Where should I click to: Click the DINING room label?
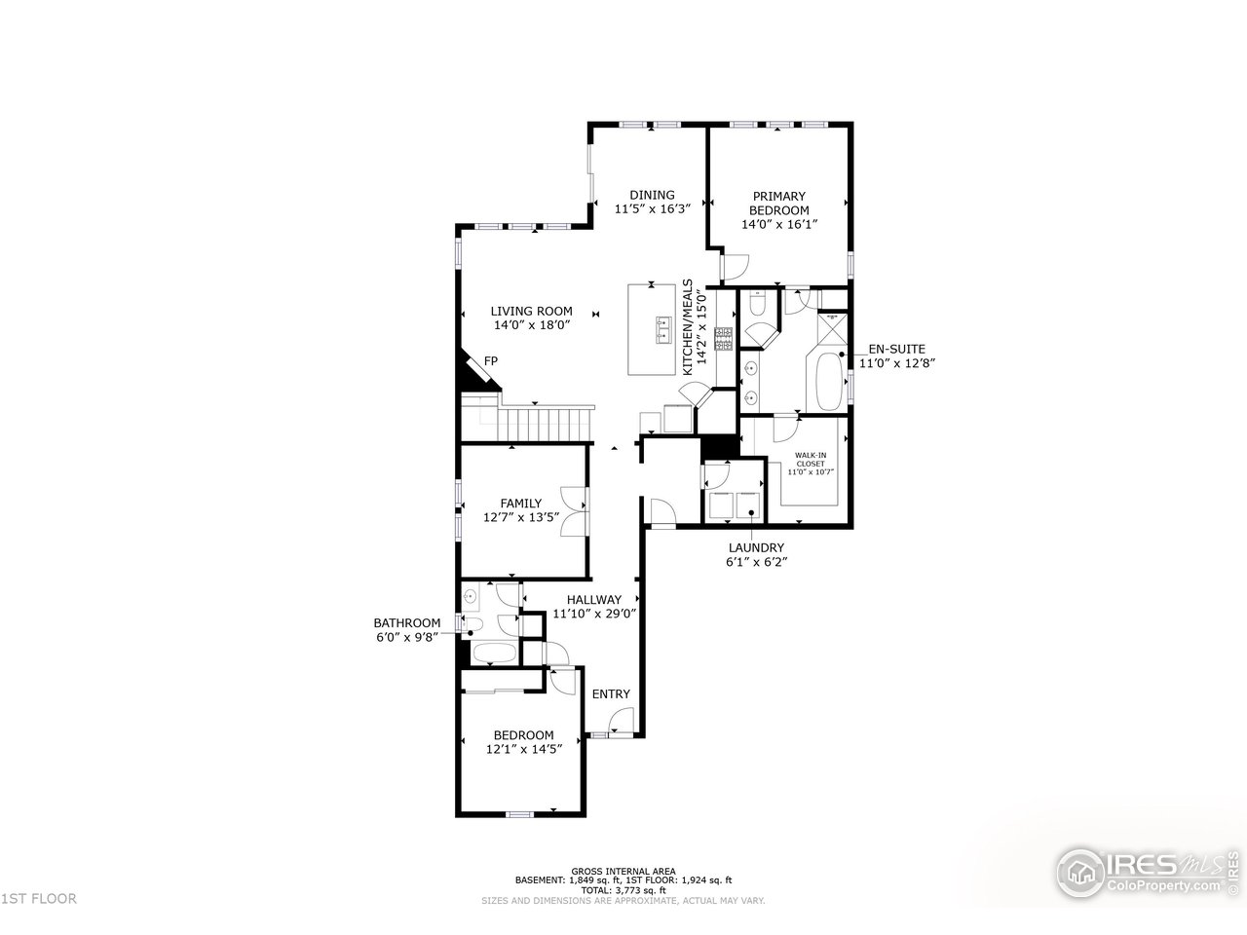point(651,195)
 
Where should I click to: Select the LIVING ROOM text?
point(531,312)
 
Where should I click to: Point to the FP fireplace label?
point(491,361)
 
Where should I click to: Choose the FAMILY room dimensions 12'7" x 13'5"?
point(520,518)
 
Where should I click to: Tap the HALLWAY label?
point(593,600)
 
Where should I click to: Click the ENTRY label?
point(611,694)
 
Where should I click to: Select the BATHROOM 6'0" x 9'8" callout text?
point(407,630)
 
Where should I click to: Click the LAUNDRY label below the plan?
point(755,548)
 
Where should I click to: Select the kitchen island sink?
point(664,329)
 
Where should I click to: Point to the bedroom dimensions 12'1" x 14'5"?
point(523,750)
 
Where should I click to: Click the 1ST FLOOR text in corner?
point(39,899)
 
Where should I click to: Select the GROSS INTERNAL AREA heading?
point(623,871)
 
